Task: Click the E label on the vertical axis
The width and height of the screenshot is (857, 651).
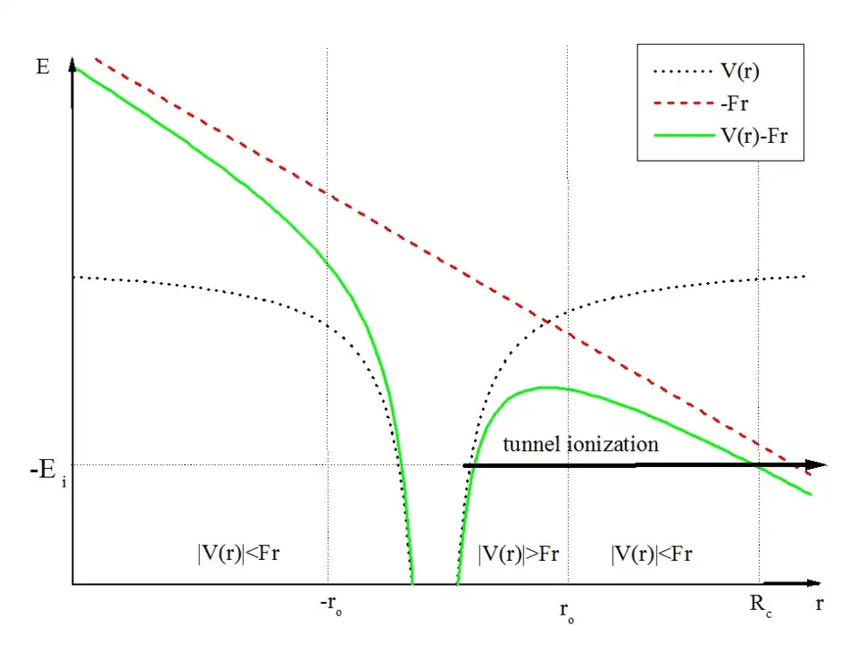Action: click(x=43, y=67)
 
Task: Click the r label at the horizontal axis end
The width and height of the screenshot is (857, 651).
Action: click(x=820, y=604)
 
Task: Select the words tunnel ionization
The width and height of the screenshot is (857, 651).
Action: click(x=580, y=444)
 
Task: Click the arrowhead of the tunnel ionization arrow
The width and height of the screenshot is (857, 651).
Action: click(x=817, y=464)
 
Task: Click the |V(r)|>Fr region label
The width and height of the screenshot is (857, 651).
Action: click(x=519, y=554)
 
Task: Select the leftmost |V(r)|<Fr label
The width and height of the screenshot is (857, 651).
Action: click(x=245, y=554)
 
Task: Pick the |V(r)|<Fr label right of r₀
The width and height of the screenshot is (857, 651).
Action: click(x=652, y=554)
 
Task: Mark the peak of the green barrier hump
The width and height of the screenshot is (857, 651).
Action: click(x=543, y=387)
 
